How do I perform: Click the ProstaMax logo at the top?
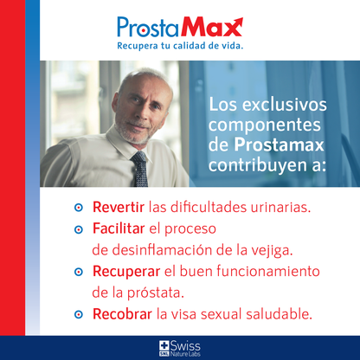point(179,24)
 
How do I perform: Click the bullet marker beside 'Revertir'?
point(78,209)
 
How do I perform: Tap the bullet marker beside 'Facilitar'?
point(78,230)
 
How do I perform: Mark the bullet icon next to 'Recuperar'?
point(78,272)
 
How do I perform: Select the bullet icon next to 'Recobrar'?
point(78,313)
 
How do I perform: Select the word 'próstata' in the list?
point(158,292)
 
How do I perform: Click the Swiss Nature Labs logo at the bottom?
point(179,348)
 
